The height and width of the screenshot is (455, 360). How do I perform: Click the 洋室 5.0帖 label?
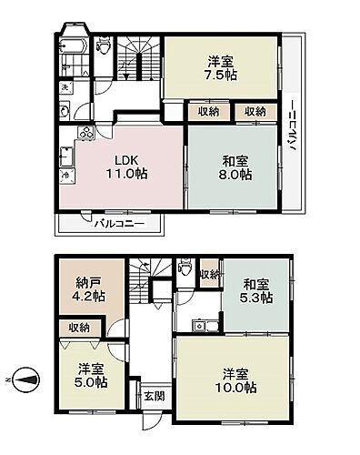click(90, 375)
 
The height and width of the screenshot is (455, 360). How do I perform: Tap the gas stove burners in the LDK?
click(86, 134)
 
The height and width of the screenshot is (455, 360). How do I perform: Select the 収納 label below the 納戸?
click(78, 328)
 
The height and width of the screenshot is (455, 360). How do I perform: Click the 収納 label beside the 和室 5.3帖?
click(208, 274)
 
